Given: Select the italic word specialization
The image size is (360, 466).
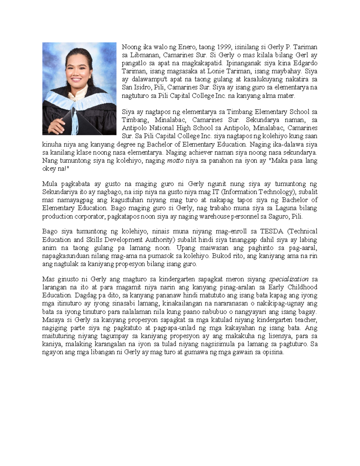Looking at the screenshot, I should tap(289, 279).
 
